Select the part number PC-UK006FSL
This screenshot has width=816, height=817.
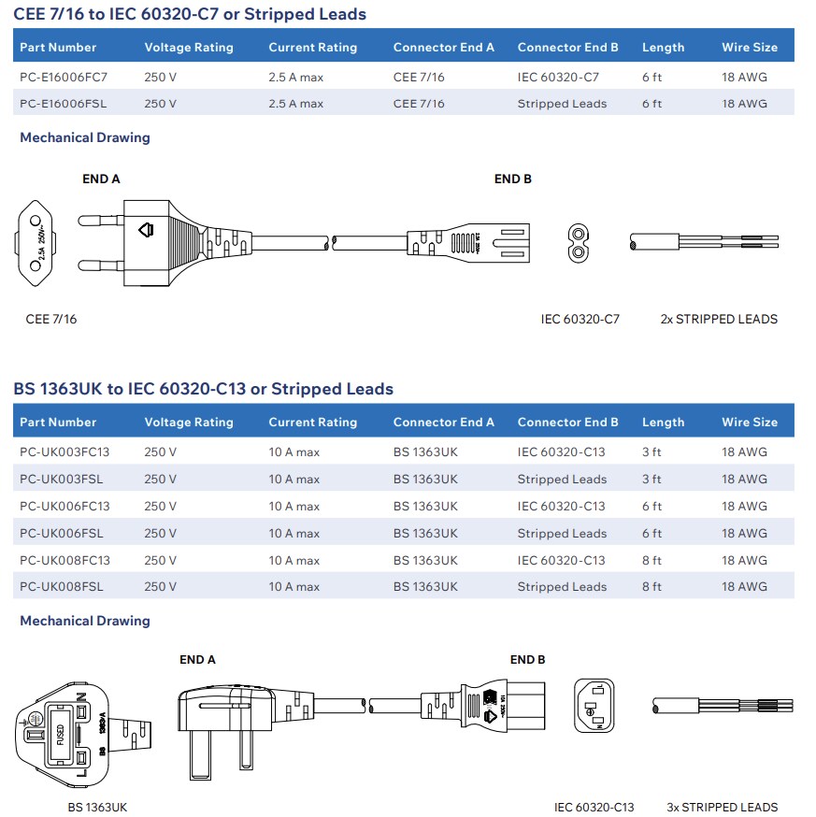pos(61,533)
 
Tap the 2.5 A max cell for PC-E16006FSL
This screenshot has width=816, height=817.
pos(295,104)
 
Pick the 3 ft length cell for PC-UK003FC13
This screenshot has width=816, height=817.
pos(651,451)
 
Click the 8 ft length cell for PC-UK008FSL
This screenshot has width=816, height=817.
pos(651,587)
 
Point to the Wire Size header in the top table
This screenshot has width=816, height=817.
pos(749,47)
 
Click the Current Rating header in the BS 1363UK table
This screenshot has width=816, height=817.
pos(312,422)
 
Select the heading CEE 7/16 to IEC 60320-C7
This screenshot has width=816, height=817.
pos(190,14)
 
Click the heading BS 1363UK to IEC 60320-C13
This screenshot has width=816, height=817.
pos(203,389)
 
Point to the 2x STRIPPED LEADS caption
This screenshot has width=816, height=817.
pos(718,319)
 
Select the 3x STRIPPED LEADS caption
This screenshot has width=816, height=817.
pos(722,807)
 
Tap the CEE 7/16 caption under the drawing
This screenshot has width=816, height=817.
pos(51,319)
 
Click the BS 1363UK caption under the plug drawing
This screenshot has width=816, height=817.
pos(97,807)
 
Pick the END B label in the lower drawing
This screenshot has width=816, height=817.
pos(528,659)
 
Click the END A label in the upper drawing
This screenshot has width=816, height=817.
pos(102,179)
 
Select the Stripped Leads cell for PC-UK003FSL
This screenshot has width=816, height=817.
pos(562,479)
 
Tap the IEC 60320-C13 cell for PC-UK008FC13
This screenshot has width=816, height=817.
pos(561,560)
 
